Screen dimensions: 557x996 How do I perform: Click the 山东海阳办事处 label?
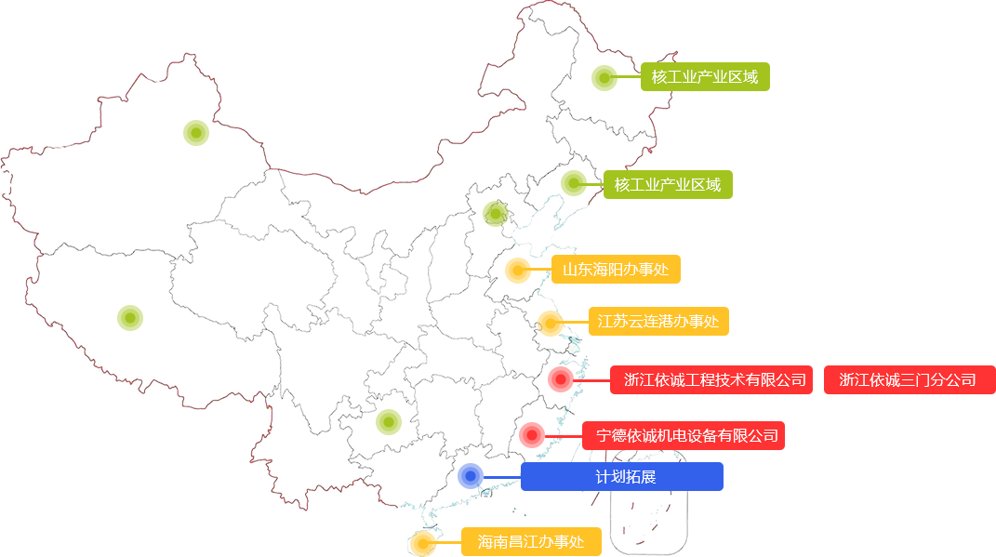(x=615, y=271)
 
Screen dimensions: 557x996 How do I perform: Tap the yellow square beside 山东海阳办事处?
(x=517, y=271)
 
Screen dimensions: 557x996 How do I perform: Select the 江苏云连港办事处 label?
(x=657, y=321)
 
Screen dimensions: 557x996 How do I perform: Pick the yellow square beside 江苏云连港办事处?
(x=550, y=323)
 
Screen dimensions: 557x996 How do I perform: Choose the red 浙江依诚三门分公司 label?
(x=908, y=379)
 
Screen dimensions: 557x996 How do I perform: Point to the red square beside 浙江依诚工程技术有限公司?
(x=560, y=378)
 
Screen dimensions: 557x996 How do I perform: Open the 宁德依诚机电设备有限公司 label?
(x=684, y=435)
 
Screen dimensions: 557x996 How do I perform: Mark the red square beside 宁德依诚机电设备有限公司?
(x=532, y=434)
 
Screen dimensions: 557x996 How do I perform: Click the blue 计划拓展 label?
(x=622, y=476)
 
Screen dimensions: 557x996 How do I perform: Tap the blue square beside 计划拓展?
(x=470, y=475)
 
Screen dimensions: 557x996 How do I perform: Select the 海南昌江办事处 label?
(x=530, y=541)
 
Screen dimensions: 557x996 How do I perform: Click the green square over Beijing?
(x=495, y=214)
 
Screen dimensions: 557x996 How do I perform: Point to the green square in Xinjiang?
(x=195, y=132)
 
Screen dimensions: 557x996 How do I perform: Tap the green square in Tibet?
(x=130, y=317)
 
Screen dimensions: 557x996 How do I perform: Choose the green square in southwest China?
(x=388, y=421)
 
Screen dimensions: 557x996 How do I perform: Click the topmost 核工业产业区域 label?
(x=704, y=76)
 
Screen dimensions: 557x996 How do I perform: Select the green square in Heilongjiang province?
(x=604, y=77)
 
